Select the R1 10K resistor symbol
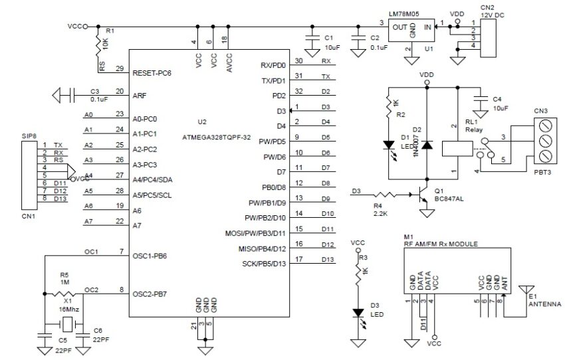point(100,45)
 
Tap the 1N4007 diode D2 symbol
point(427,144)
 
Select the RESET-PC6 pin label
point(152,73)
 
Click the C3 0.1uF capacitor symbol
point(64,96)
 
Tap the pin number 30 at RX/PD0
point(298,60)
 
